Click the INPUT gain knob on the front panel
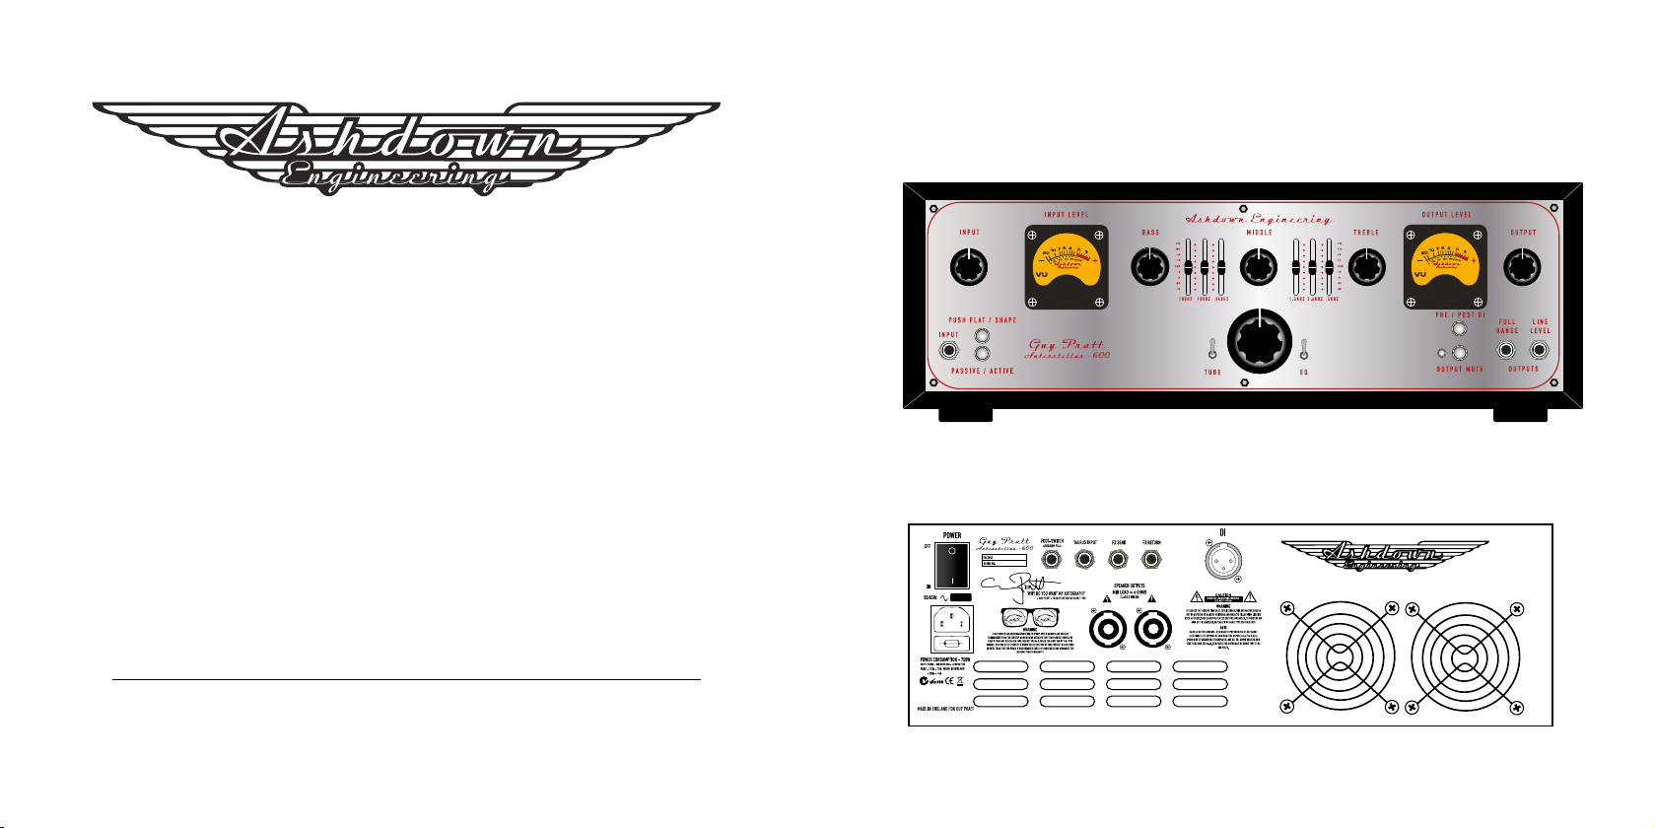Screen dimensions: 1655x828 (969, 267)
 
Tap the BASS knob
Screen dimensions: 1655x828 (1149, 267)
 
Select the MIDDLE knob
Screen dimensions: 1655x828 (1258, 267)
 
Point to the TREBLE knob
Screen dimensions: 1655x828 (1366, 267)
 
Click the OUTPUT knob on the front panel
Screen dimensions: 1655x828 (1523, 267)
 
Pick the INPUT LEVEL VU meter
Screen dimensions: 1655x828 (1067, 267)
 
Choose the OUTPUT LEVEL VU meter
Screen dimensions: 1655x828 (1445, 267)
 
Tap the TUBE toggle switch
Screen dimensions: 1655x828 (1212, 349)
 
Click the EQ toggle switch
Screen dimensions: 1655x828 (1303, 349)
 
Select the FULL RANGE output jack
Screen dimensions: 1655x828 (1506, 350)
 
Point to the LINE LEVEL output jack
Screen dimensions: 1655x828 (1539, 350)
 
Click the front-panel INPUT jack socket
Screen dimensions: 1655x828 (949, 351)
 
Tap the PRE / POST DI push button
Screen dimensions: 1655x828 (1459, 329)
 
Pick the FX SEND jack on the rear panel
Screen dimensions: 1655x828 (1118, 560)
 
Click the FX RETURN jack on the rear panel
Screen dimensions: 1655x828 (1150, 560)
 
